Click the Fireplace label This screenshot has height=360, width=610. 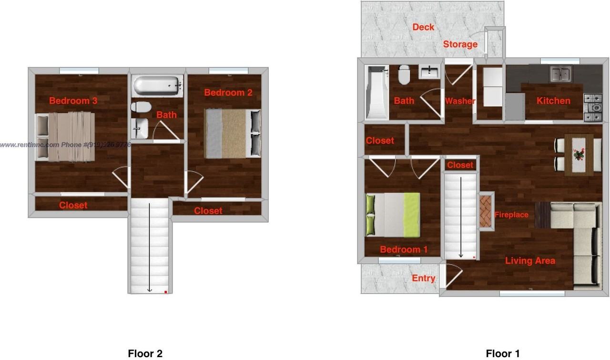tap(511, 215)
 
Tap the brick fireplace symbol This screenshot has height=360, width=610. tap(487, 211)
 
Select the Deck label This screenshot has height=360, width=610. tap(423, 27)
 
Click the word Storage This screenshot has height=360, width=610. tap(460, 44)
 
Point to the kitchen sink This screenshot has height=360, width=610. tap(561, 74)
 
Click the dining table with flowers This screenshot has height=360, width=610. tap(579, 154)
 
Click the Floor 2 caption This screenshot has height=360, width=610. tap(145, 353)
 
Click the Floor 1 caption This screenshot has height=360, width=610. tap(503, 353)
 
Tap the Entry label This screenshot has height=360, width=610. tap(423, 278)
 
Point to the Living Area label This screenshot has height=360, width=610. tap(530, 261)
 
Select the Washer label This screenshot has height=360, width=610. tap(460, 101)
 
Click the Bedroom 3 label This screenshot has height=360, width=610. tap(73, 101)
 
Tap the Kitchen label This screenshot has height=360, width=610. tap(553, 101)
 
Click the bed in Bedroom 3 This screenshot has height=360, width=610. tap(65, 136)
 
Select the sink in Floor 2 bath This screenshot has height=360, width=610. tap(140, 128)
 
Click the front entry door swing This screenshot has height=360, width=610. tap(453, 276)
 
